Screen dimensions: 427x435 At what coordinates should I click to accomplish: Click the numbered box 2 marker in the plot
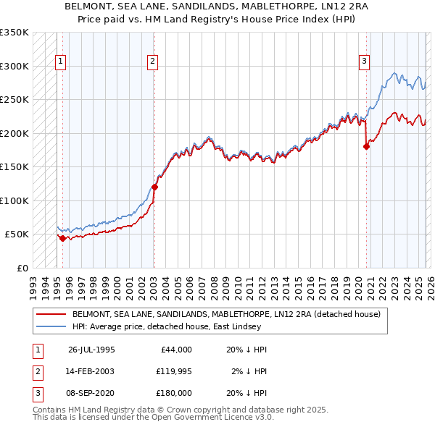tap(153, 62)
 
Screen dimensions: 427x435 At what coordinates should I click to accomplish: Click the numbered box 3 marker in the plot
tap(364, 62)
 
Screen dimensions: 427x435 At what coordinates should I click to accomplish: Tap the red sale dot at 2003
tap(154, 187)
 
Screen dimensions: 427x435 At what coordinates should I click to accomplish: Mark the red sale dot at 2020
tap(366, 146)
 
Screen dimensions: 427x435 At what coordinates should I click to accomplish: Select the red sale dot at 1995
tap(63, 238)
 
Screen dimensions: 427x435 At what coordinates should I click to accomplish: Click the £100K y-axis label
tap(14, 200)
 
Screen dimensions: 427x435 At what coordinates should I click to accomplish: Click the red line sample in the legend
tap(51, 314)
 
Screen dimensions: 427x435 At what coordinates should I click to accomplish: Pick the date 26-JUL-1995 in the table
tap(91, 349)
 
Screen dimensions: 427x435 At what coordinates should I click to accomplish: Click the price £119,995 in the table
tap(173, 371)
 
